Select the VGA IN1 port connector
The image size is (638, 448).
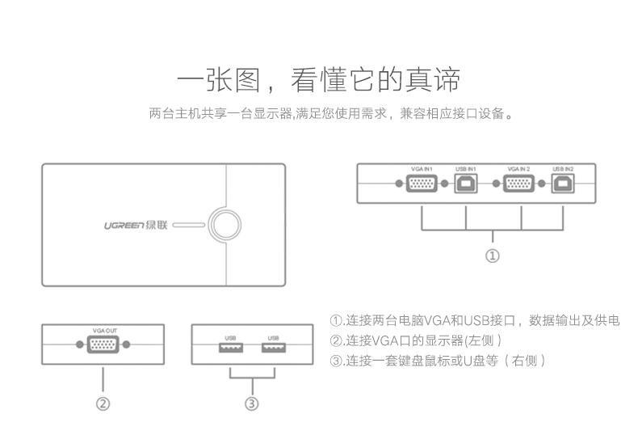[422, 184]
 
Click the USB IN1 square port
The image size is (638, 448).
[466, 184]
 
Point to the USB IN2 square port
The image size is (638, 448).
[563, 184]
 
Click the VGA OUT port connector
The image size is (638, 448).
[103, 344]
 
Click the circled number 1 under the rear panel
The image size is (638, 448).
[492, 256]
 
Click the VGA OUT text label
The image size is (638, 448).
[104, 330]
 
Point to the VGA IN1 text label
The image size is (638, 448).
[422, 169]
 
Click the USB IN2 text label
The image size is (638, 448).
[563, 169]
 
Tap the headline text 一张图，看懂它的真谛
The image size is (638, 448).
[319, 81]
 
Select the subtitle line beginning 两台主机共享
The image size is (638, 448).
[331, 113]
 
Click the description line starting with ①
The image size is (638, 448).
[475, 320]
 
